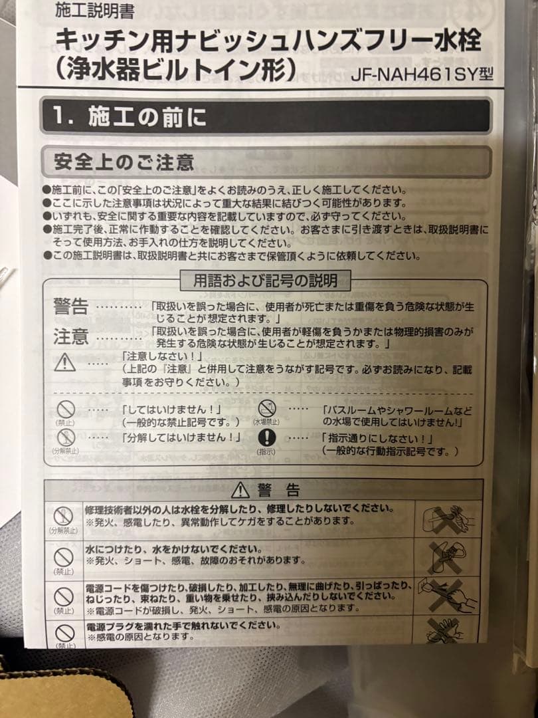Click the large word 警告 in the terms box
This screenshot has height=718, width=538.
coord(70,307)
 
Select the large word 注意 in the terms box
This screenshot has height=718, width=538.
coord(70,336)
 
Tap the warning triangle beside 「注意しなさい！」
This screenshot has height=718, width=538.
coord(65,363)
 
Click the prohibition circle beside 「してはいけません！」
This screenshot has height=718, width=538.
coord(65,411)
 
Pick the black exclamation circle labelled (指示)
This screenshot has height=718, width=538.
coord(266,437)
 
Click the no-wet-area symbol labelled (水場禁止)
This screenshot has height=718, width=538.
coord(266,409)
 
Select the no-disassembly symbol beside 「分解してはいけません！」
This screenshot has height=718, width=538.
coord(65,437)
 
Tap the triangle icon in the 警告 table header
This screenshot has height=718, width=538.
coord(240,491)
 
